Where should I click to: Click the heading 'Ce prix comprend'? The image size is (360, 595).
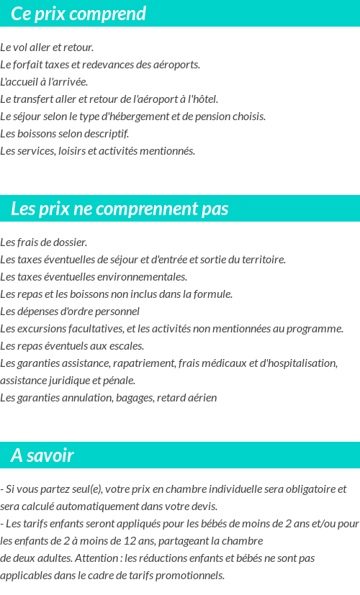coord(78,14)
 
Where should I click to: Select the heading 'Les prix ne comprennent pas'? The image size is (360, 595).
coord(120,209)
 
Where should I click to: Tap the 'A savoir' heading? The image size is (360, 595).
coord(42,455)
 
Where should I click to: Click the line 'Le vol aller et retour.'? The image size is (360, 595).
coord(47,47)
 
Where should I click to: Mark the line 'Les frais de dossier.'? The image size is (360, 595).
coord(43,242)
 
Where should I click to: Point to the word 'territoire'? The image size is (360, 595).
coord(262,260)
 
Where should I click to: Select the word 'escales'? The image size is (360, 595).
coord(127,346)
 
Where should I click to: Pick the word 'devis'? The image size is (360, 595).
coord(202,507)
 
